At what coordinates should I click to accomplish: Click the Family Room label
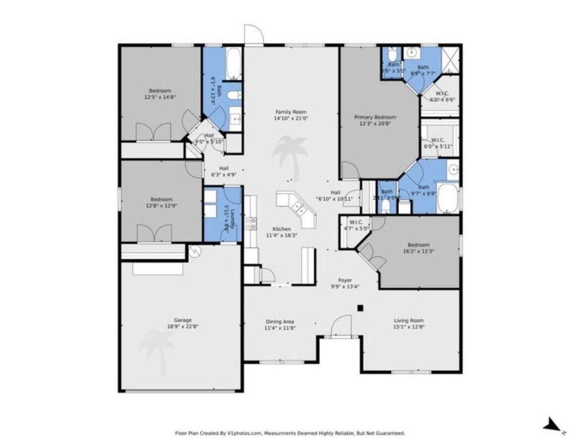pos(291,112)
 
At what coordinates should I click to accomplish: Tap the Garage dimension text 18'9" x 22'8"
pos(182,327)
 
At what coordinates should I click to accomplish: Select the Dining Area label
pos(280,321)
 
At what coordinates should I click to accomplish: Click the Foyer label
pos(345,280)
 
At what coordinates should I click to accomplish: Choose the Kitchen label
pos(282,229)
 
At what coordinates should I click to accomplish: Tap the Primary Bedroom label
pos(375,117)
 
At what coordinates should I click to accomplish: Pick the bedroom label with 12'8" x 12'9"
pos(161,199)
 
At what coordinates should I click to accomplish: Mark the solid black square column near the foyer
pos(360,308)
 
